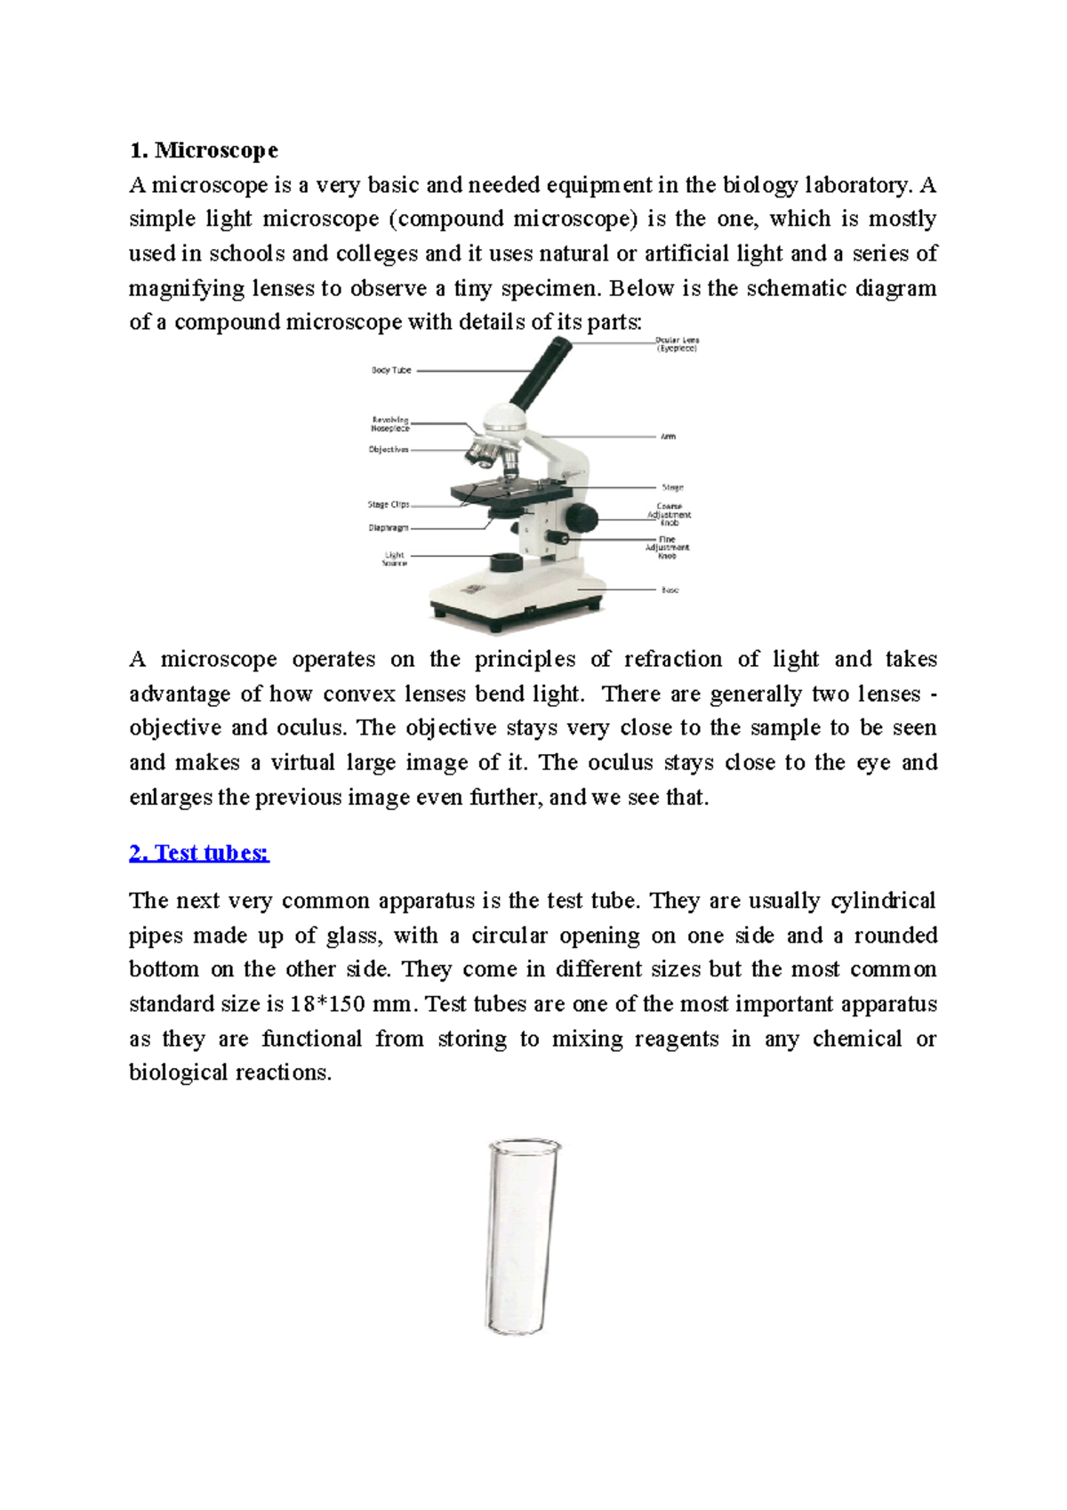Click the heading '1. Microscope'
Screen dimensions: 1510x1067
pyautogui.click(x=204, y=150)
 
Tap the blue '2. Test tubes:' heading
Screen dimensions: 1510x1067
pyautogui.click(x=199, y=853)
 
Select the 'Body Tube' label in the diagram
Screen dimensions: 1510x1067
pyautogui.click(x=391, y=370)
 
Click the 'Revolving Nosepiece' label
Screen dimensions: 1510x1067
pyautogui.click(x=390, y=424)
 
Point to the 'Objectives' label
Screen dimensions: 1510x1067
pyautogui.click(x=389, y=450)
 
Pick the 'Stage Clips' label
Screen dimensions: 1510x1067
pyautogui.click(x=389, y=504)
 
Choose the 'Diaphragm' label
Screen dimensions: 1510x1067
pyautogui.click(x=389, y=528)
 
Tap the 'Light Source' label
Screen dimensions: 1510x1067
pyautogui.click(x=395, y=559)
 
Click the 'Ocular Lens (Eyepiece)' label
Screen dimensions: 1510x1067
pyautogui.click(x=677, y=345)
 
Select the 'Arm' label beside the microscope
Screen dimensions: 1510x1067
pyautogui.click(x=668, y=437)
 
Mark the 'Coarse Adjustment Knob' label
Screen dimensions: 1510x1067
pyautogui.click(x=669, y=515)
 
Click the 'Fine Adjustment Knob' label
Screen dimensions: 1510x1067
pyautogui.click(x=667, y=547)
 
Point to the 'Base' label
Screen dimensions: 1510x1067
pyautogui.click(x=670, y=590)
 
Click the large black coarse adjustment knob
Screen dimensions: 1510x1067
pyautogui.click(x=582, y=516)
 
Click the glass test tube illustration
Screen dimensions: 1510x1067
pyautogui.click(x=523, y=1236)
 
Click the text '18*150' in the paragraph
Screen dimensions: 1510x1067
pyautogui.click(x=327, y=1005)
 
